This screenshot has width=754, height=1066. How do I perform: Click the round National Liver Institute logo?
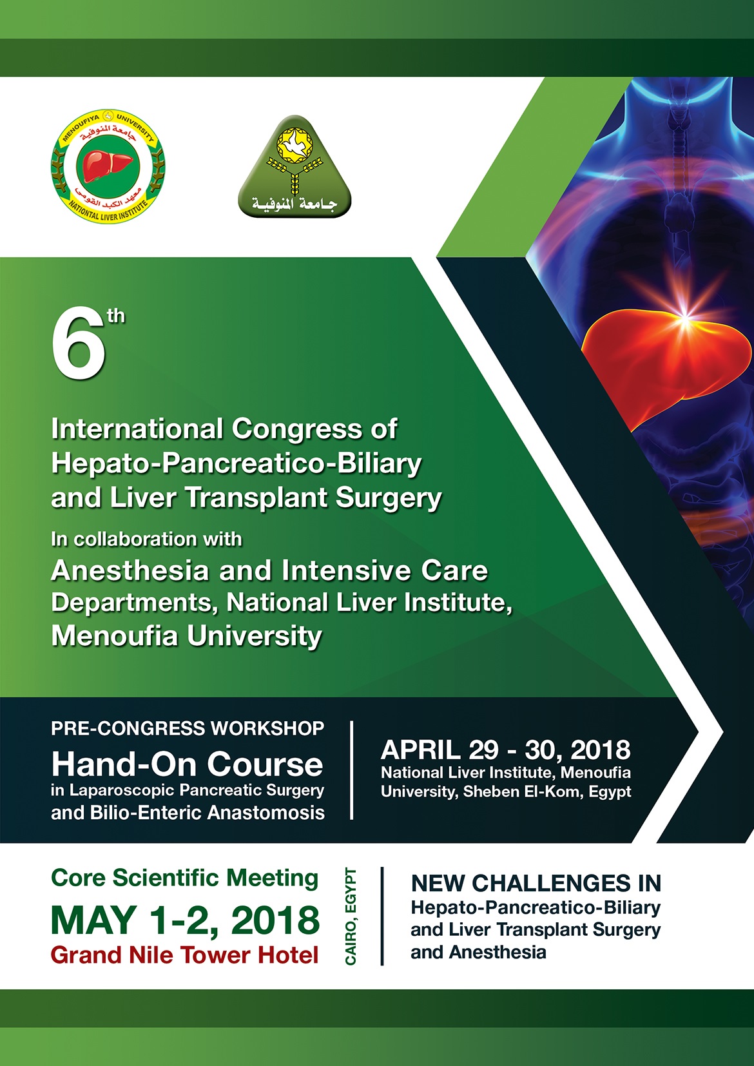[x=108, y=166]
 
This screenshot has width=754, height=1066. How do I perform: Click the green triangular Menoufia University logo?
[x=295, y=166]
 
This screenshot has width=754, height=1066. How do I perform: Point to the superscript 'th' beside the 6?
[x=116, y=316]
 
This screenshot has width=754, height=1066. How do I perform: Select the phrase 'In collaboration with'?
[x=146, y=539]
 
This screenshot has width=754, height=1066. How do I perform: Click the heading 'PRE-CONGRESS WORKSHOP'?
[x=188, y=728]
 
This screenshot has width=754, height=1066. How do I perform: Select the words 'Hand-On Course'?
[x=187, y=764]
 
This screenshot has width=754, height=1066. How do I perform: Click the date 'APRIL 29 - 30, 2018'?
[x=506, y=750]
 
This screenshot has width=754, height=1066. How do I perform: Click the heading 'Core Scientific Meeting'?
[x=184, y=878]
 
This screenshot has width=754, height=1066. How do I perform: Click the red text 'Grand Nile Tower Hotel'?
[x=184, y=955]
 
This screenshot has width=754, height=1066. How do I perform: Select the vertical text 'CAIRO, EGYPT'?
[x=351, y=916]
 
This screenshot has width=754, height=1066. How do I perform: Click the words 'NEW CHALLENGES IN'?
[x=536, y=883]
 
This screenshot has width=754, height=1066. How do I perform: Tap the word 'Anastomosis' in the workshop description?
[x=266, y=812]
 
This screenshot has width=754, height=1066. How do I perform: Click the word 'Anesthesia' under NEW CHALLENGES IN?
[x=497, y=953]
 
